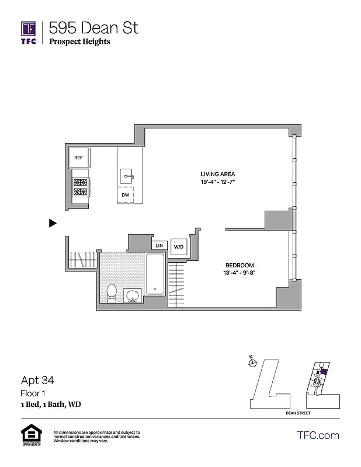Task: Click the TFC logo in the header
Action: coord(29,32)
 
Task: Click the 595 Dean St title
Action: coord(93,27)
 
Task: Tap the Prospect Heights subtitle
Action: coord(79,41)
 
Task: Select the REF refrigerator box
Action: coord(78,158)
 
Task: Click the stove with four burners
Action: coord(80,187)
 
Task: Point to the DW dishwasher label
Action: coord(125,194)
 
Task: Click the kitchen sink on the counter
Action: coord(127,175)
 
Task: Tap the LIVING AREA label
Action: coord(218,174)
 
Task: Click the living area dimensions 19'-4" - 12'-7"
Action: coord(218,182)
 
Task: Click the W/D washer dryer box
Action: coord(178,247)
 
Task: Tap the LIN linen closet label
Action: coord(158,246)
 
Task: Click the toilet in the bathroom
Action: coord(112,292)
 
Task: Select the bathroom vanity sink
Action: coord(133,295)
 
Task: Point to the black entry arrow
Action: coord(53,222)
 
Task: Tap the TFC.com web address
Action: coord(318,435)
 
